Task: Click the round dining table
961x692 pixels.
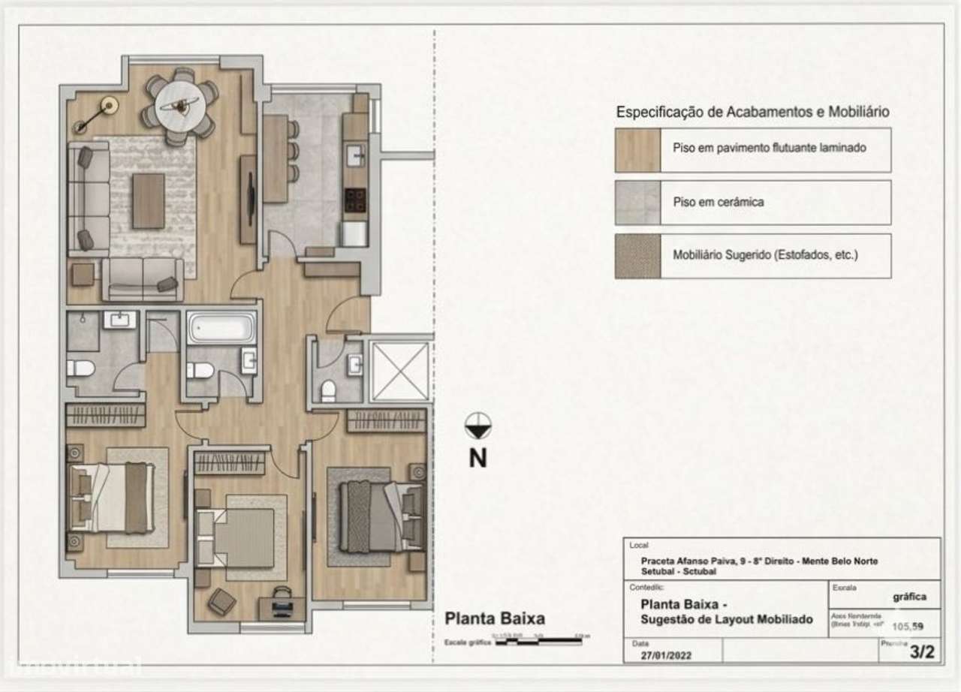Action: pos(180,105)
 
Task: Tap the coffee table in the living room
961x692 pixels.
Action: pos(149,200)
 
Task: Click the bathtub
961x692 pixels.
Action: pos(221,328)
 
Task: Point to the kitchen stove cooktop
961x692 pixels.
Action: pos(355,200)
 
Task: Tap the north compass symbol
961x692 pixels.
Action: pos(477,426)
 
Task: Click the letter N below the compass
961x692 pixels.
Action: pos(477,457)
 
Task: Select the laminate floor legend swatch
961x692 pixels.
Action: pos(637,149)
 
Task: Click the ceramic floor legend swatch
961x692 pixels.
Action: pos(637,203)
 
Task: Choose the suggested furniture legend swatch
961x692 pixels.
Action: pos(637,256)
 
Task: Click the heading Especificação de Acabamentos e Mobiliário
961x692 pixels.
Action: pos(753,112)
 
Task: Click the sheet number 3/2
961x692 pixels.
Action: pos(922,652)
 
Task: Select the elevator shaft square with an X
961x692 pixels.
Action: pos(400,371)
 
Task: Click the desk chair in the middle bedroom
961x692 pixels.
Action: pos(281,596)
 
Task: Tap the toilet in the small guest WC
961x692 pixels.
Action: pos(328,391)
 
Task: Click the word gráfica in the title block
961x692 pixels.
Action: pos(908,597)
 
